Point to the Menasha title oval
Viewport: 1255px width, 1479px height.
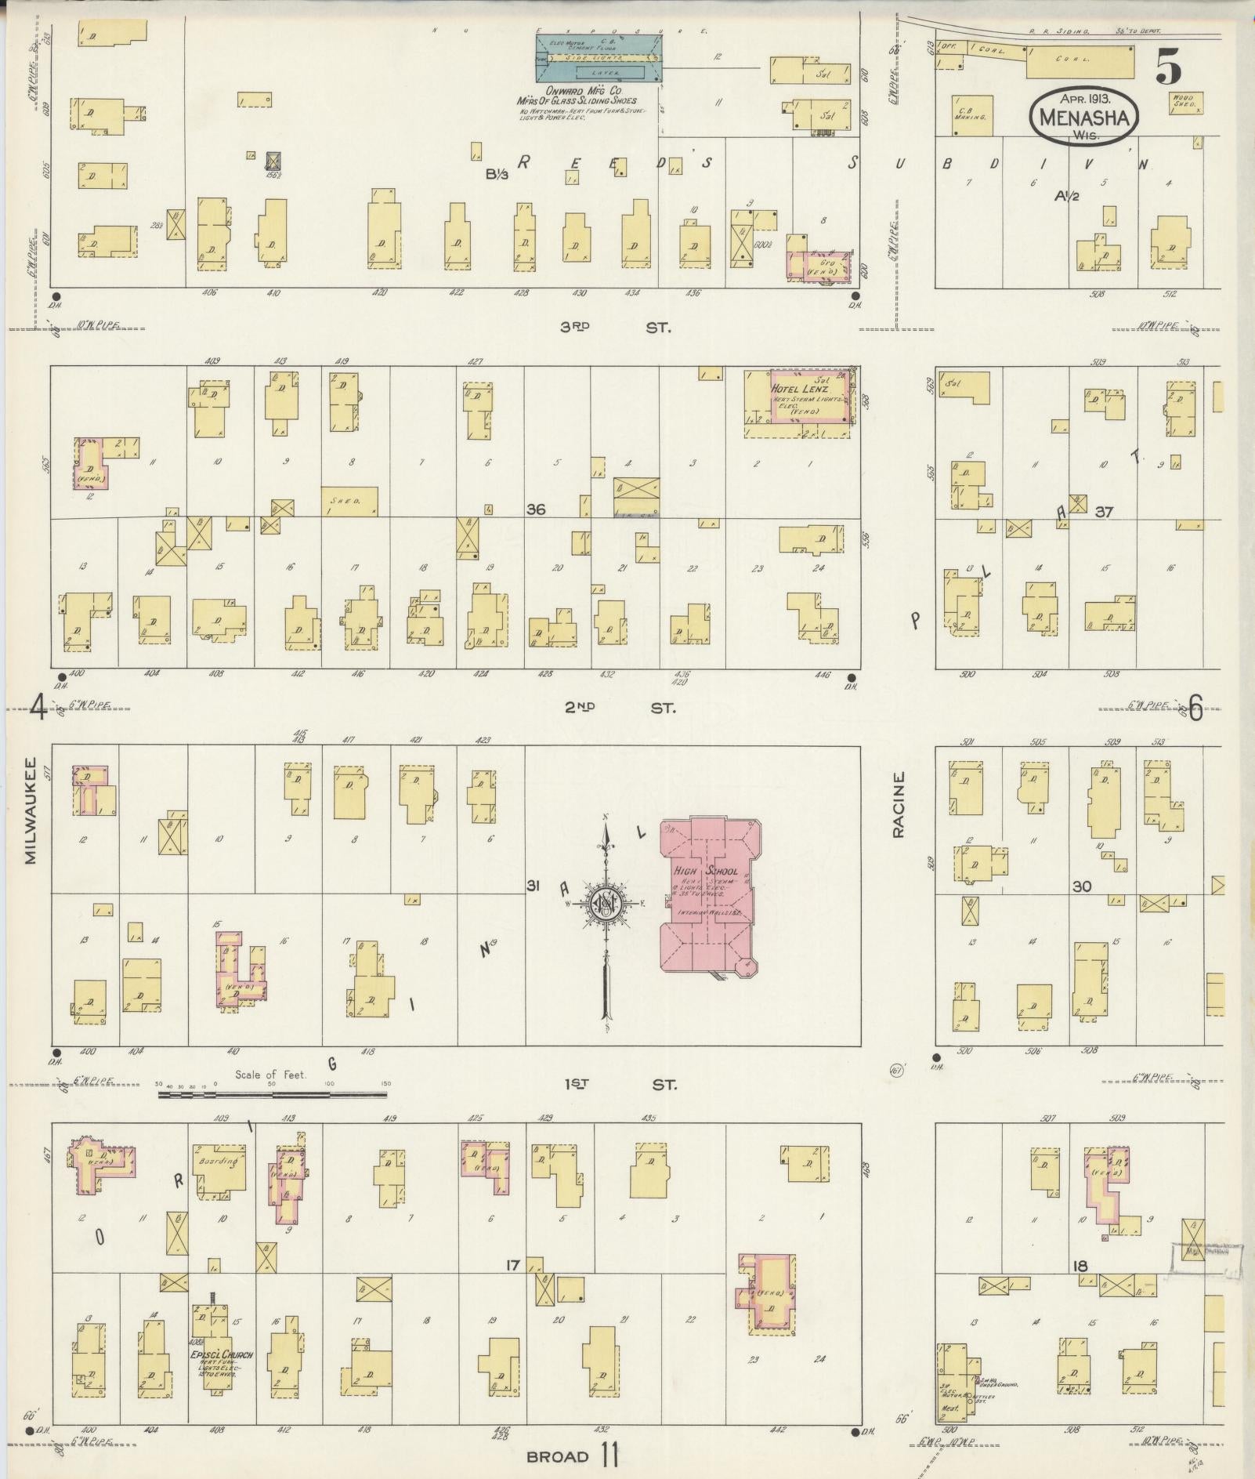tap(1084, 116)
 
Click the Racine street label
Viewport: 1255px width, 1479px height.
tap(898, 804)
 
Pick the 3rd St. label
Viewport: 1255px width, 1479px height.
tap(616, 328)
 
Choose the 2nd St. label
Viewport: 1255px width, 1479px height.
tap(619, 708)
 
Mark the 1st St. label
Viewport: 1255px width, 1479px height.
tap(619, 1085)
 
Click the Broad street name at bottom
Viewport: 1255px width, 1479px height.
tap(557, 1456)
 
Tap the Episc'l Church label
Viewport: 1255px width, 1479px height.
tap(221, 1354)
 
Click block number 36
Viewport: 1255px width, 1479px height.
tap(536, 509)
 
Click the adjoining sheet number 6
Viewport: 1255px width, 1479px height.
tap(1195, 709)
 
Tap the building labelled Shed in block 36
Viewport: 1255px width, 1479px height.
tap(349, 501)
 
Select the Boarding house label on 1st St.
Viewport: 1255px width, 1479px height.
tap(217, 1162)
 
